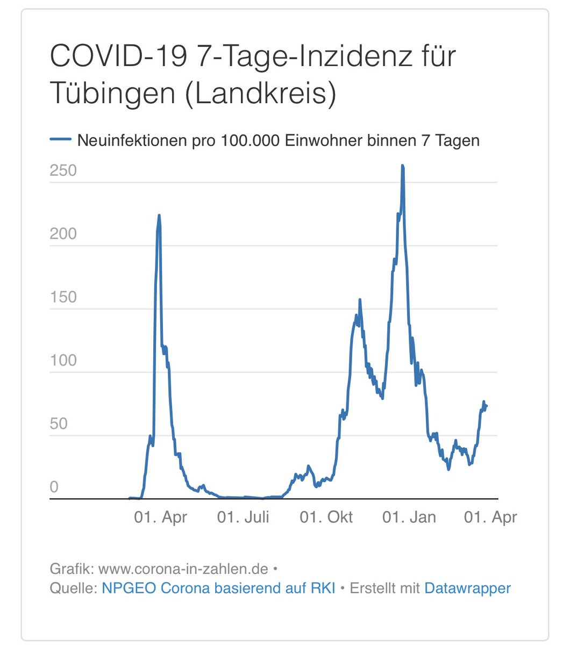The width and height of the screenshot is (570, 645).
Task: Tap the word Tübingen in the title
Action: pos(113,94)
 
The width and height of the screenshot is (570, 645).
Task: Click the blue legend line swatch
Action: pos(60,140)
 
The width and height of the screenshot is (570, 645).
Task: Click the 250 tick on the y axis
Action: pos(63,171)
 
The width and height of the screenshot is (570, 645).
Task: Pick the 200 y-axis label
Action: pos(63,234)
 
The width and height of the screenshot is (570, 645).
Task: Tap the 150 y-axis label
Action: pos(63,297)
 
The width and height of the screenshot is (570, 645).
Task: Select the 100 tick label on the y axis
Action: pos(63,360)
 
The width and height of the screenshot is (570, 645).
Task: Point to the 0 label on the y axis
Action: pos(54,487)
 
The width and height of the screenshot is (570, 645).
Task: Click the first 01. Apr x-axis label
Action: pos(161,517)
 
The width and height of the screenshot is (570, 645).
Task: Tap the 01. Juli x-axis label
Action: pos(243,517)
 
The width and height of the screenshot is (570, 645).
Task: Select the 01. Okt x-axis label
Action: pos(326,517)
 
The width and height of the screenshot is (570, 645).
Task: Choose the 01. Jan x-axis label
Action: pos(409,517)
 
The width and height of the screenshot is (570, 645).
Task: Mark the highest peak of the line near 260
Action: pos(402,167)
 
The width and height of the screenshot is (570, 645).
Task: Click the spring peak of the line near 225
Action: pos(159,216)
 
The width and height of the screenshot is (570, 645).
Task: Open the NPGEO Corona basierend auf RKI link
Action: pos(218,588)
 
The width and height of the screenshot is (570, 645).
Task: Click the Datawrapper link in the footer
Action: pos(467,588)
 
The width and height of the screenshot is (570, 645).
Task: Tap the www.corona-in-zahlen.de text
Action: pos(183,569)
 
